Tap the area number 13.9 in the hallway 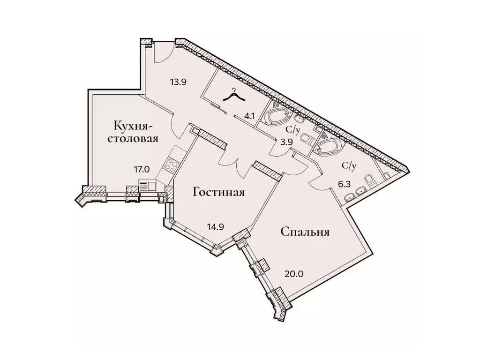(x=178, y=82)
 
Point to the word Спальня (x=305, y=232)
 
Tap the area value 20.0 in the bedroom (x=294, y=272)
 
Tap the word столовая (x=135, y=139)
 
